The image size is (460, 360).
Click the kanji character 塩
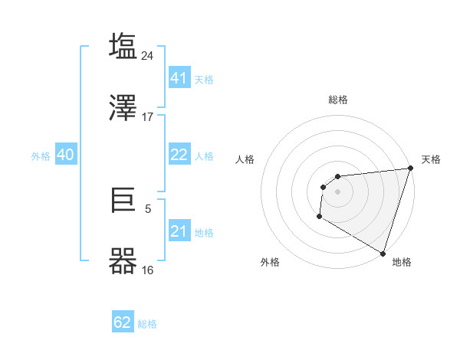point(123,46)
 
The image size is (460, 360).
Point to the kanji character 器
point(123,260)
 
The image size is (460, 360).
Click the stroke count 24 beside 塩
point(148,55)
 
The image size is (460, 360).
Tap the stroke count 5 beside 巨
point(148,208)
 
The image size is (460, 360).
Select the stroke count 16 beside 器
point(148,270)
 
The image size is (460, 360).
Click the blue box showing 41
point(179,77)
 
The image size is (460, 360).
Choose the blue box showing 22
point(179,155)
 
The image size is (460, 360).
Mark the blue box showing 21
point(179,231)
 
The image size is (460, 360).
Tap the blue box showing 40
point(65,155)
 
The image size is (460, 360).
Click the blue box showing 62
point(123,322)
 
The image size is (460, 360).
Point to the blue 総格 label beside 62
point(147,324)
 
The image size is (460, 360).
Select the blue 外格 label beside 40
point(41,156)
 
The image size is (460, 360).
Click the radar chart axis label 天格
point(431,159)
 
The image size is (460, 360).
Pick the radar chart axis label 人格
point(245,159)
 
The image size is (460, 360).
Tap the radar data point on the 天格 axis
point(410,169)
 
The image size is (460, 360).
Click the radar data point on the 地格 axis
point(383,253)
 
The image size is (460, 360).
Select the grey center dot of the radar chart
point(337,191)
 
